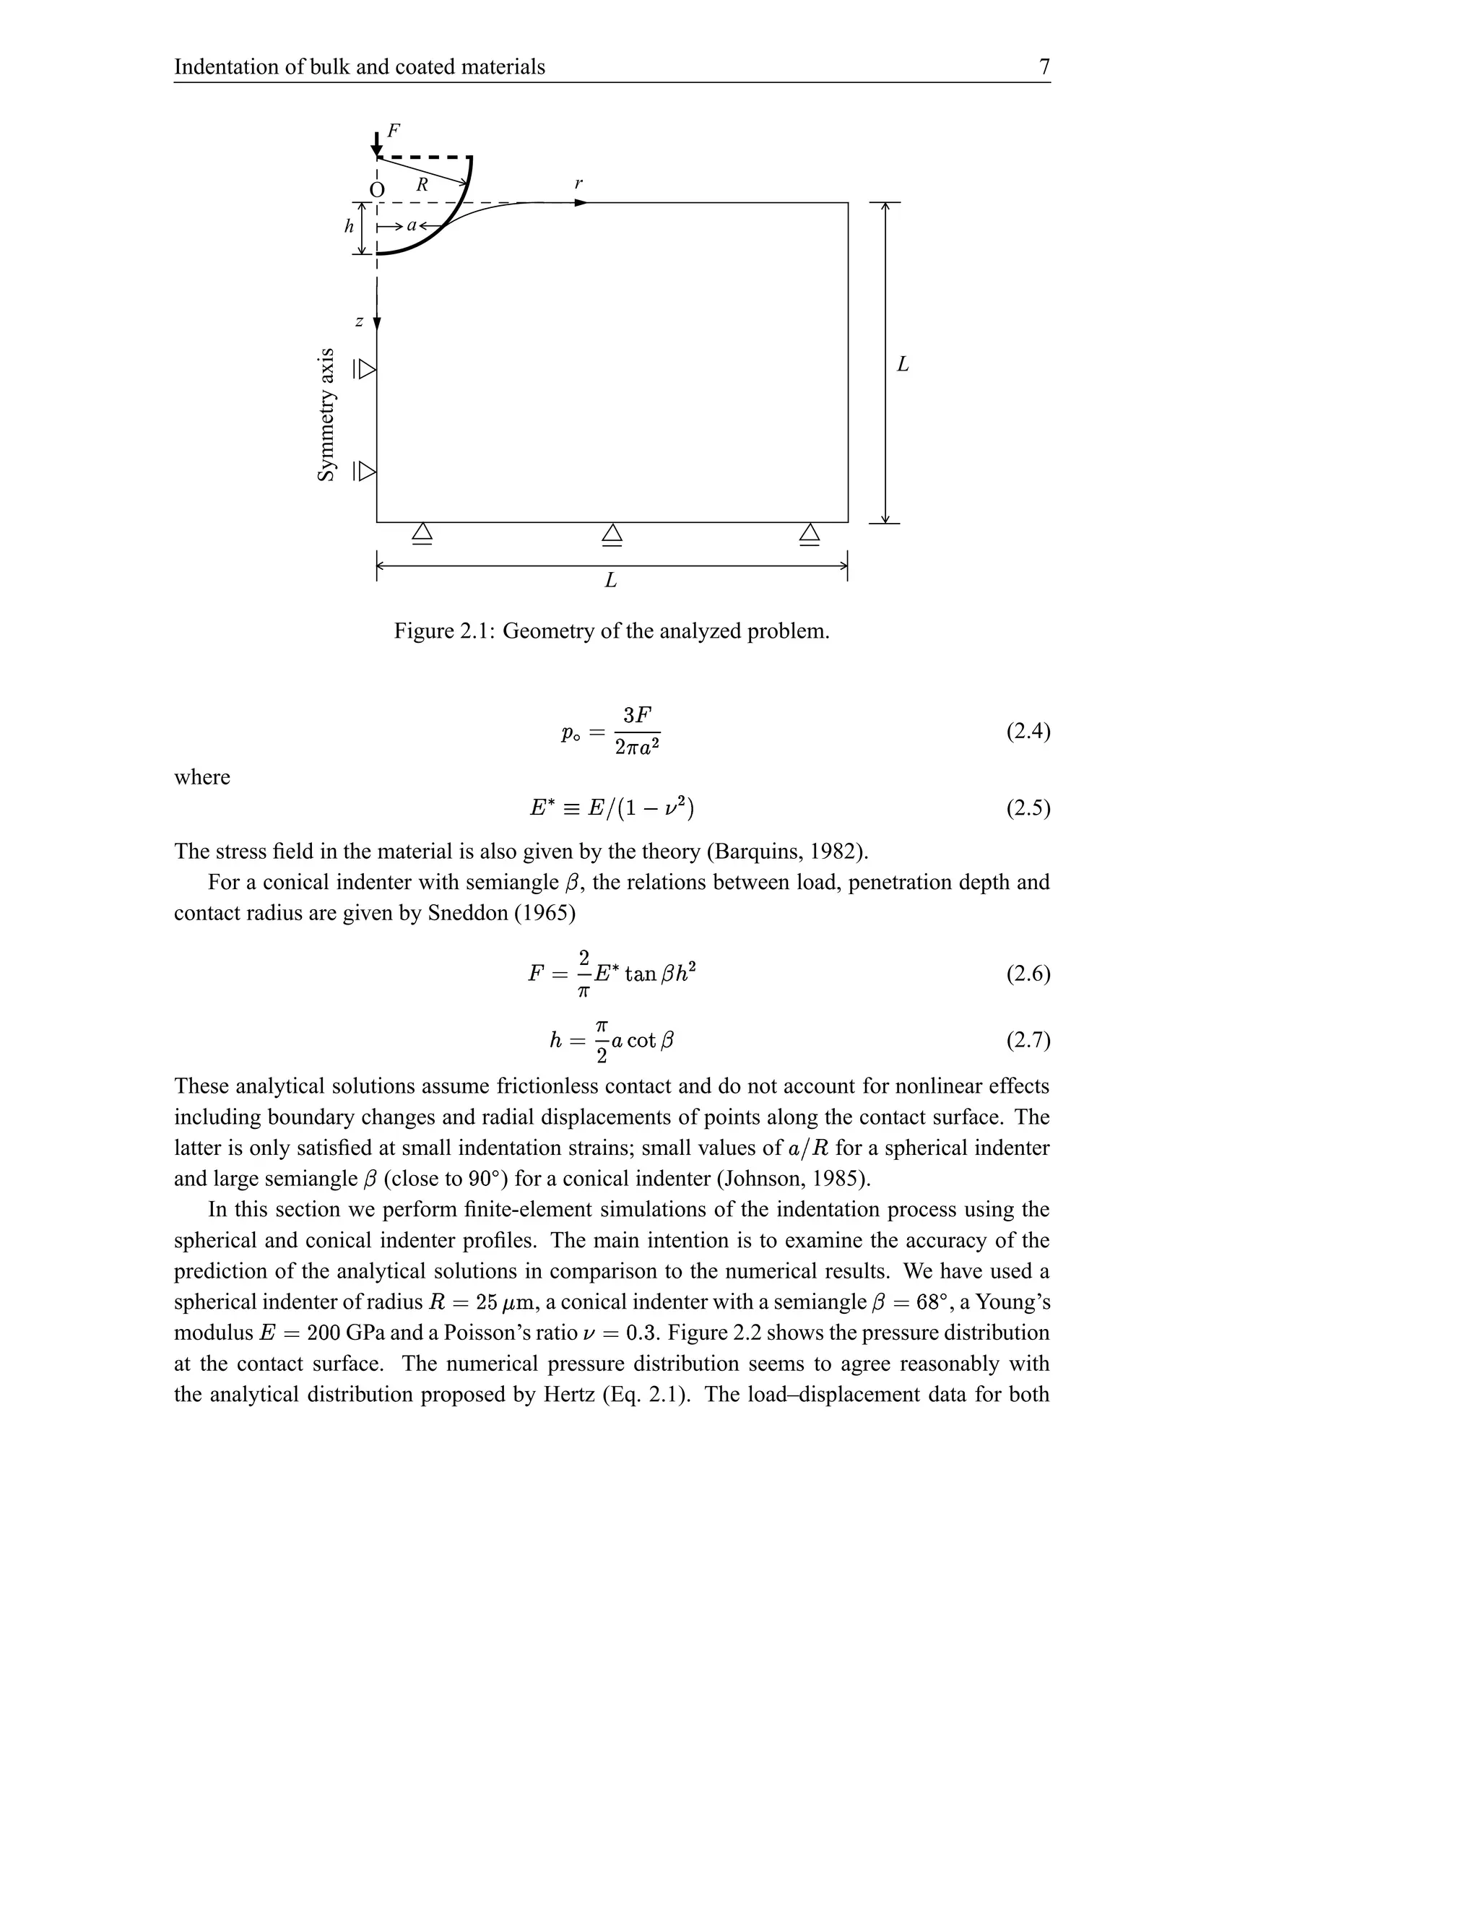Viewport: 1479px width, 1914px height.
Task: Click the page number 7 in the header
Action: tap(1044, 66)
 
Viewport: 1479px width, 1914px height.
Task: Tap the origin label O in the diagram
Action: tap(377, 190)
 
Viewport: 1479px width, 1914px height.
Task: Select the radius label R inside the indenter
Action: tap(422, 185)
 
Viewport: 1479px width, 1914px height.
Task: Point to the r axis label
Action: tap(578, 184)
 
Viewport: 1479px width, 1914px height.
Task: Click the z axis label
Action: tap(359, 321)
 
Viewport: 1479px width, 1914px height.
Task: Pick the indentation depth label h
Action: tap(349, 226)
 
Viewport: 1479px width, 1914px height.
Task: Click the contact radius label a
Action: tap(411, 225)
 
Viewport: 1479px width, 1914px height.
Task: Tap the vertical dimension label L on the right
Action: tap(903, 364)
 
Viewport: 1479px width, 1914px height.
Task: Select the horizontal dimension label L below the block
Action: tap(611, 580)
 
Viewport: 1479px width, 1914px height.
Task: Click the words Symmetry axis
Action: tap(326, 415)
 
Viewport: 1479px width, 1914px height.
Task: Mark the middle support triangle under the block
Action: tap(612, 534)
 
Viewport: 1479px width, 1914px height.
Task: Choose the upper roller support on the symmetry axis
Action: tap(365, 370)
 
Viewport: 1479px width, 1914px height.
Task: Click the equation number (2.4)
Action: tap(1028, 731)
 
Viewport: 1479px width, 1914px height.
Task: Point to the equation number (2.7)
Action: tap(1028, 1040)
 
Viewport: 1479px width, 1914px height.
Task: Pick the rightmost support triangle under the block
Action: tap(810, 534)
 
